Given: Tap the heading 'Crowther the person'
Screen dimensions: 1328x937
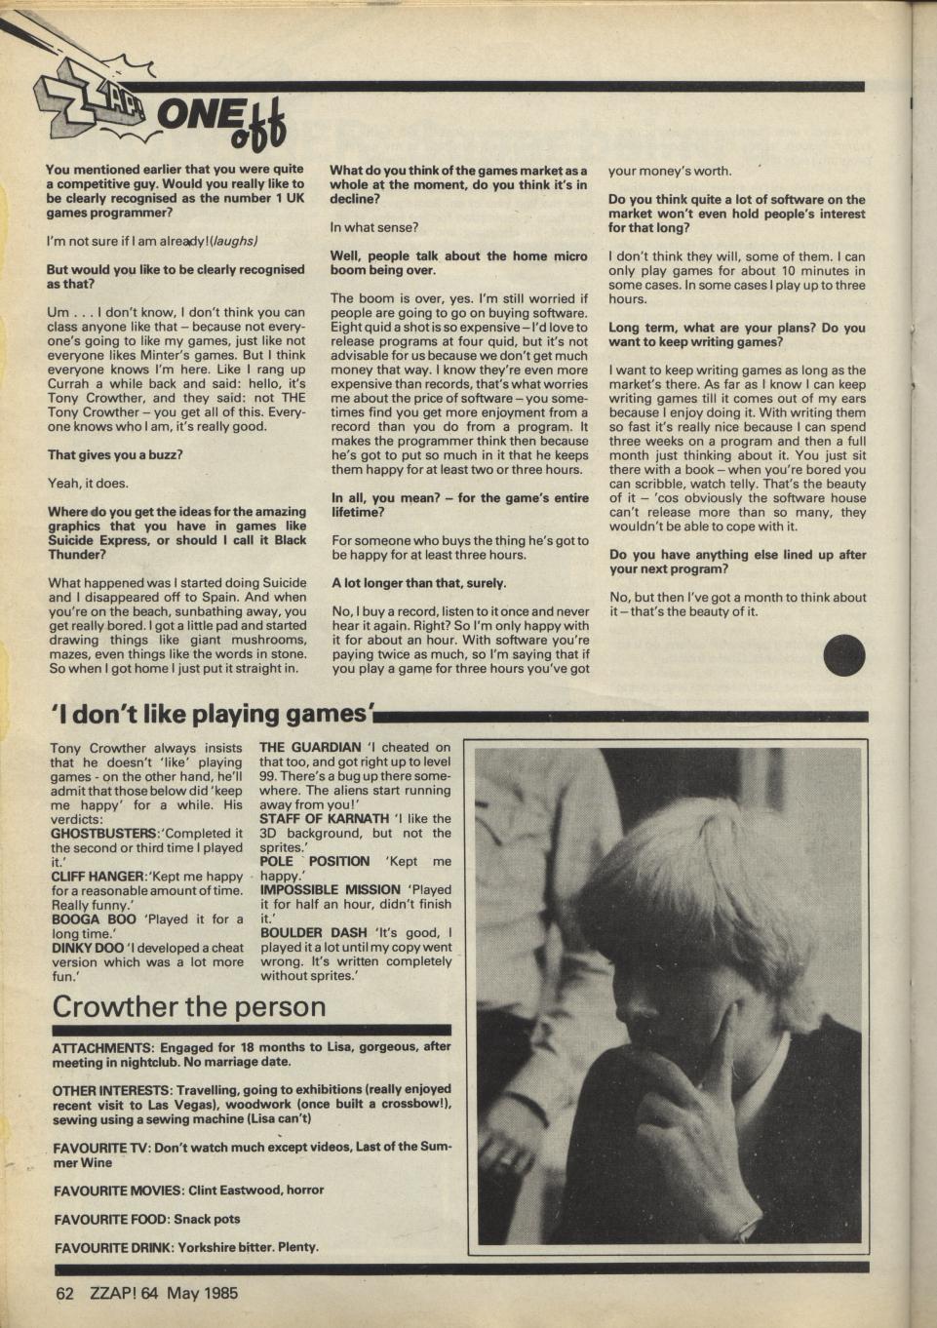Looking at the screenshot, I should (x=188, y=1005).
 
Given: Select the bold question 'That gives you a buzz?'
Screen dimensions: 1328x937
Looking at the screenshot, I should (x=115, y=454).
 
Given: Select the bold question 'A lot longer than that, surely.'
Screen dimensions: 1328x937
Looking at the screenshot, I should (x=419, y=583).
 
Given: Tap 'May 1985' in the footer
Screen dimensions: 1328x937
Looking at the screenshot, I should (x=202, y=1294).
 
